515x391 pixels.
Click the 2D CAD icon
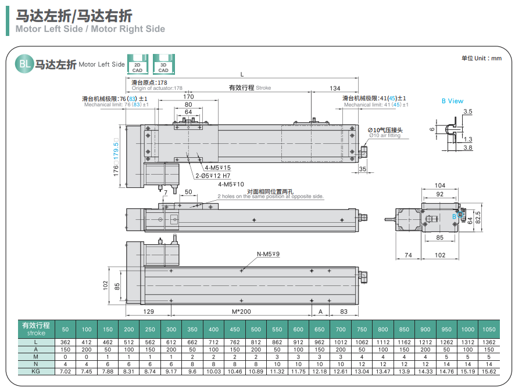[x=137, y=64]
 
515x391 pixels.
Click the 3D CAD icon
[x=163, y=64]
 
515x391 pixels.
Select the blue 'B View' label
[x=452, y=101]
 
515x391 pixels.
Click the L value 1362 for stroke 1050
[x=488, y=343]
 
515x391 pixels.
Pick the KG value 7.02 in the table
[x=65, y=371]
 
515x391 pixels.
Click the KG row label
[x=35, y=371]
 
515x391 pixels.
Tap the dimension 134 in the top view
[x=335, y=88]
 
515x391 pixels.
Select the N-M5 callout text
[x=268, y=254]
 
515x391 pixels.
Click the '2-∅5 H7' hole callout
[x=213, y=176]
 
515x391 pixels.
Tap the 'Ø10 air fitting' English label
[x=385, y=136]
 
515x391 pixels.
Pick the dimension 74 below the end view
[x=408, y=255]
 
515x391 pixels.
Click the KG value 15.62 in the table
[x=488, y=371]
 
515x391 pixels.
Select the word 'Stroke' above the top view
[x=263, y=88]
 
